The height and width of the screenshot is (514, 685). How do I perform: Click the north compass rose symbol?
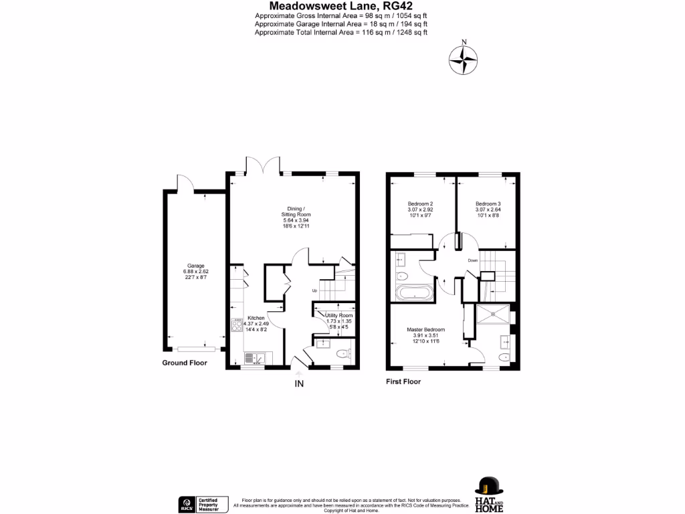tap(463, 61)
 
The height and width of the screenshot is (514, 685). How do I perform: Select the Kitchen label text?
tap(256, 318)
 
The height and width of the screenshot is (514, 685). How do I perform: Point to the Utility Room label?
tap(338, 315)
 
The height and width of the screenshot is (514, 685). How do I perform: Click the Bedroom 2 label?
tap(421, 203)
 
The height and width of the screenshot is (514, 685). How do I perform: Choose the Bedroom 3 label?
tap(488, 203)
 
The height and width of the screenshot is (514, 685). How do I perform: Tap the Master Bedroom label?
tap(426, 329)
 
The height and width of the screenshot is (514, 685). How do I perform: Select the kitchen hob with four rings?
tap(237, 325)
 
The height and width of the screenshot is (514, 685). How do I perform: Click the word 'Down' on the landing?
tap(473, 260)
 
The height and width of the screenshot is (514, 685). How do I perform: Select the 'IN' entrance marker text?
tap(299, 383)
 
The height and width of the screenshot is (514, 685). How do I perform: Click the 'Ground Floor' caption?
tap(185, 363)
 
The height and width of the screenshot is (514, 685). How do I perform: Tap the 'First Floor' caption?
tap(403, 381)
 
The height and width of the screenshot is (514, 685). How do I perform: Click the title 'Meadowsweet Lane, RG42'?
tap(340, 6)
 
